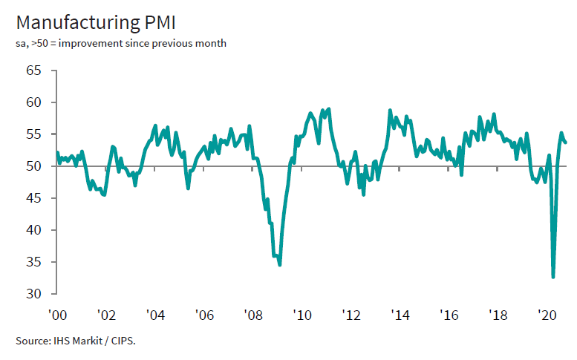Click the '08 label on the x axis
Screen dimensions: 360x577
click(252, 315)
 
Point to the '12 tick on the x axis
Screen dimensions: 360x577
click(351, 315)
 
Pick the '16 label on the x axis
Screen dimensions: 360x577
click(449, 315)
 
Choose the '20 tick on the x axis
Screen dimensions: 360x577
click(547, 315)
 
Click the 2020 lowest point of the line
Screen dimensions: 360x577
click(552, 277)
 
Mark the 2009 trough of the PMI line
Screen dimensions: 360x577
click(279, 264)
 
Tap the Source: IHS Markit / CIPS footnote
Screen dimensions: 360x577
click(75, 341)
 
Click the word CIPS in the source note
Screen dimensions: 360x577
click(123, 341)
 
